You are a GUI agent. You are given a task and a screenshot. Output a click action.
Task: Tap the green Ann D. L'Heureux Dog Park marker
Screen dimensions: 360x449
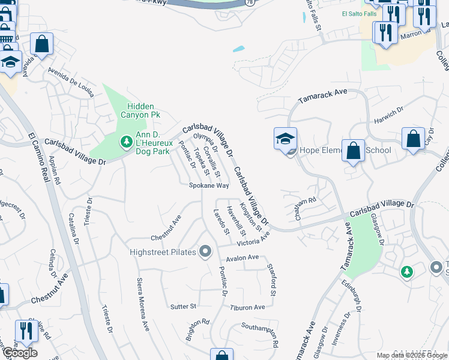(127, 142)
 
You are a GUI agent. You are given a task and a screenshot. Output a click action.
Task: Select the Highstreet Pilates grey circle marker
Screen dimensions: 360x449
(206, 252)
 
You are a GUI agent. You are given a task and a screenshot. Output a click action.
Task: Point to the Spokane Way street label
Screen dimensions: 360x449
(209, 186)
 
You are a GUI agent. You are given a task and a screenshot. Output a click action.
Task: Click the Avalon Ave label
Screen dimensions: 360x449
(242, 258)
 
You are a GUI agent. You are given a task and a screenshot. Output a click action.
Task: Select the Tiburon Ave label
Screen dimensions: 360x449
(247, 307)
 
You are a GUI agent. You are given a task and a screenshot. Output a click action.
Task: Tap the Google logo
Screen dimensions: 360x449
(19, 353)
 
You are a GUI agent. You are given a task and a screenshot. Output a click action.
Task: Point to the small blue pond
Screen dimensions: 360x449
(238, 48)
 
